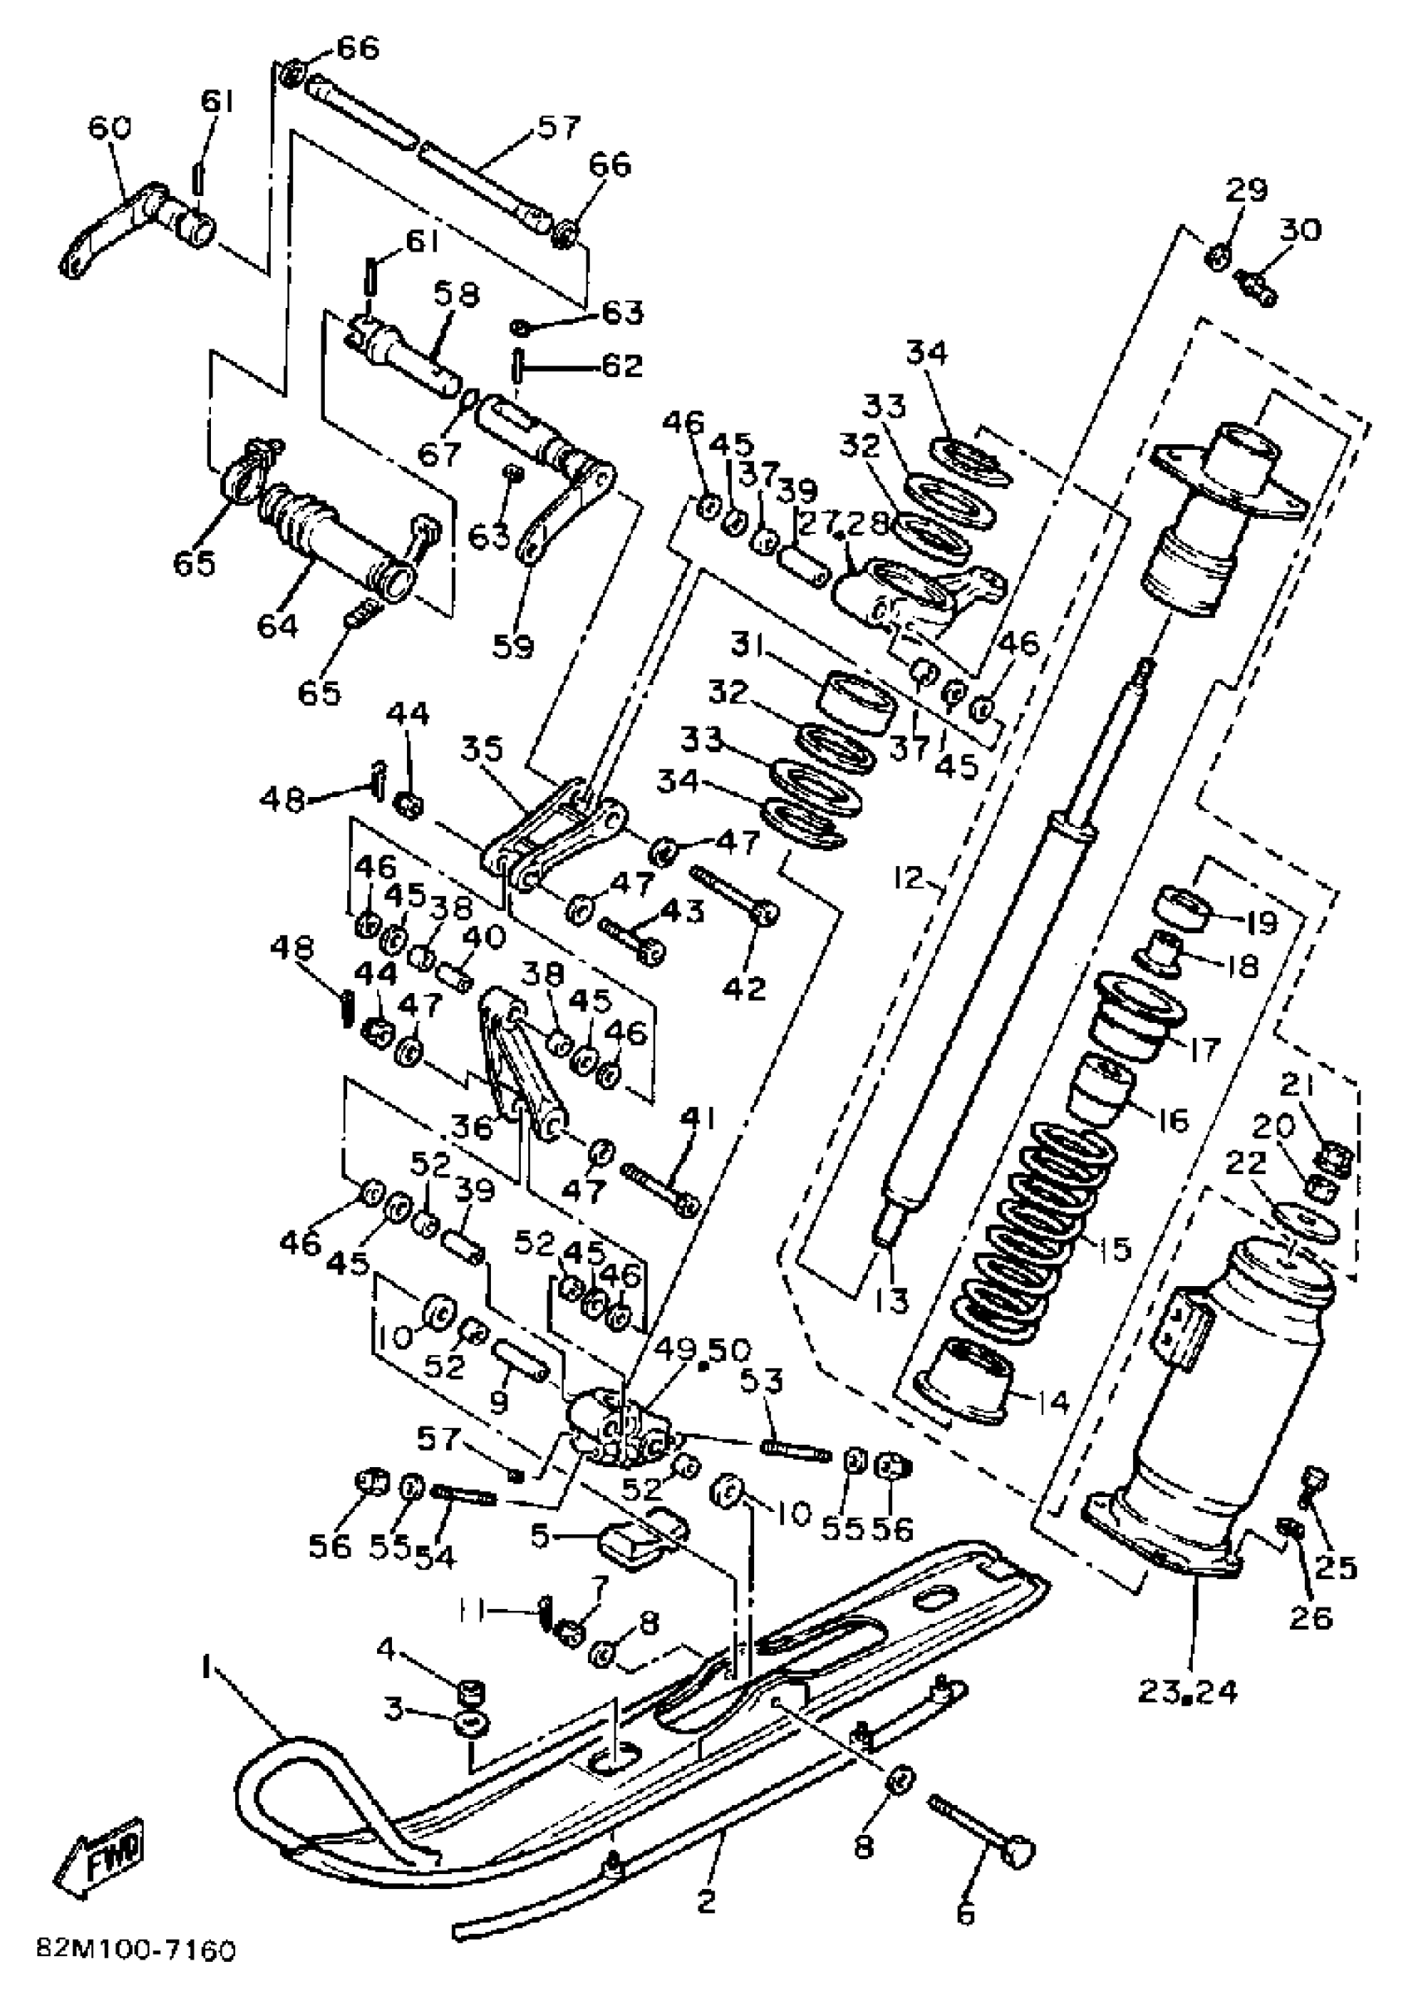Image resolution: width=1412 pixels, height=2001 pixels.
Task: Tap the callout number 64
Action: (x=277, y=625)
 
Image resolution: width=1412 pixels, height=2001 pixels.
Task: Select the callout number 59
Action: (x=513, y=646)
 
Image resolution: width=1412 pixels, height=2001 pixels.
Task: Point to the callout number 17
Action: (x=1204, y=1049)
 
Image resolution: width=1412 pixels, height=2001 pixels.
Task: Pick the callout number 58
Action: (x=458, y=295)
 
